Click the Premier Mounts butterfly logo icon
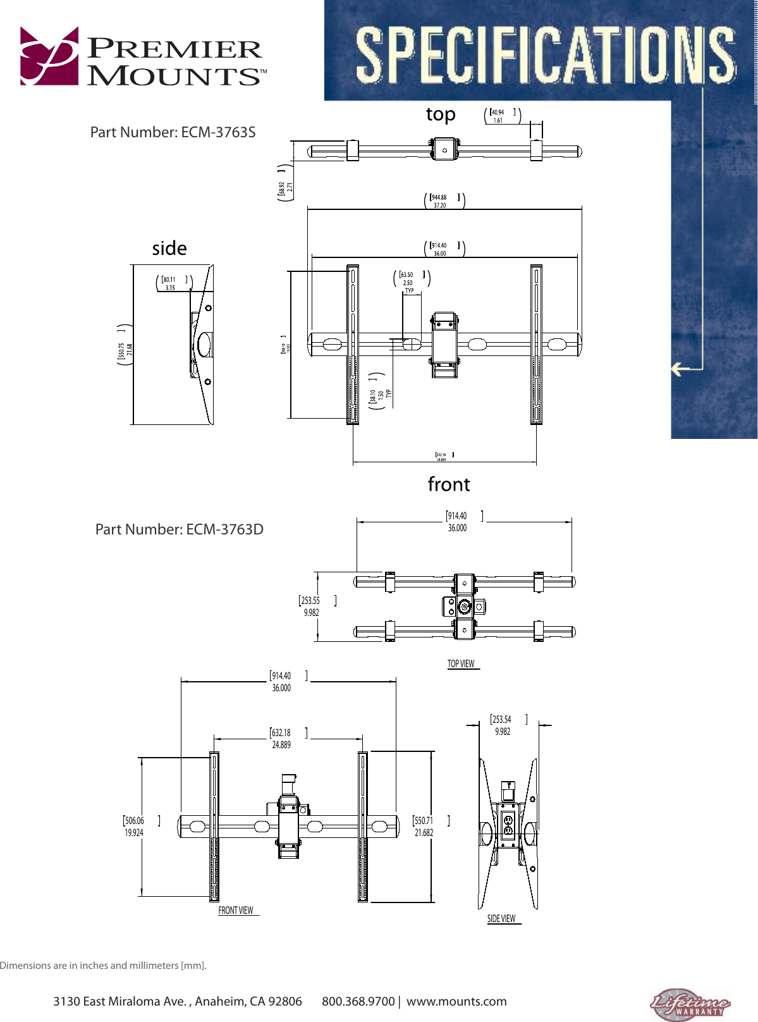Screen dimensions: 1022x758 click(x=49, y=56)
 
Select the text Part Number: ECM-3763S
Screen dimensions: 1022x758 click(x=173, y=132)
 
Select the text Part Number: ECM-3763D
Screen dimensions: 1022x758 click(x=179, y=529)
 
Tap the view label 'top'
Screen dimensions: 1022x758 click(x=441, y=114)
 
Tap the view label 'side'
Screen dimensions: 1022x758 click(x=169, y=248)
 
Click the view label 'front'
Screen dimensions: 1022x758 click(x=449, y=484)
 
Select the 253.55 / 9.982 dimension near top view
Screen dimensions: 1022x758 click(x=311, y=606)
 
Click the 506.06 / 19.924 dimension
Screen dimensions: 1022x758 click(x=134, y=827)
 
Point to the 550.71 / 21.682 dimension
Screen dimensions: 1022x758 click(x=424, y=827)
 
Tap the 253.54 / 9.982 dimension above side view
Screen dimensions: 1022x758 click(x=502, y=725)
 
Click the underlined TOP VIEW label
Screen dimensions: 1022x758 click(x=462, y=664)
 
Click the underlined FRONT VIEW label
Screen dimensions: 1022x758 click(x=236, y=911)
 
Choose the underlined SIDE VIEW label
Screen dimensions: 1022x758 click(x=501, y=919)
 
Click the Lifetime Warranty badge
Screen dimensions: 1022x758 click(x=690, y=1004)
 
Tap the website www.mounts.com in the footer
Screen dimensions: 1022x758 click(x=456, y=1002)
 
